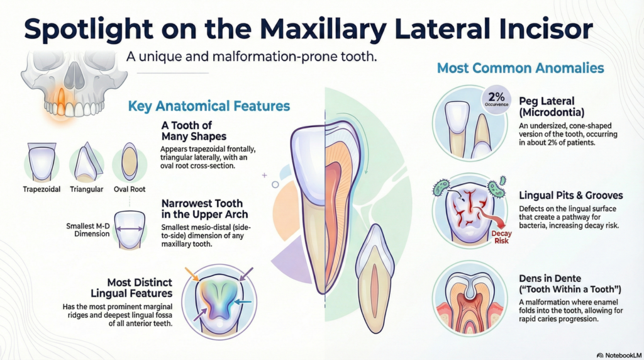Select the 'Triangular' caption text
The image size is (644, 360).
pyautogui.click(x=86, y=189)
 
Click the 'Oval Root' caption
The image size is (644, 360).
pyautogui.click(x=130, y=189)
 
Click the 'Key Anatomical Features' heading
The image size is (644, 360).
pyautogui.click(x=209, y=106)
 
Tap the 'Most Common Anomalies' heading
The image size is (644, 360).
pyautogui.click(x=520, y=67)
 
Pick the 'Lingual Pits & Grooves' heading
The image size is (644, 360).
pyautogui.click(x=571, y=196)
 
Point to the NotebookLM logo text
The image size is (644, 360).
pyautogui.click(x=619, y=355)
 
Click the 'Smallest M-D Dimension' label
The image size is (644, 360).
pyautogui.click(x=88, y=230)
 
